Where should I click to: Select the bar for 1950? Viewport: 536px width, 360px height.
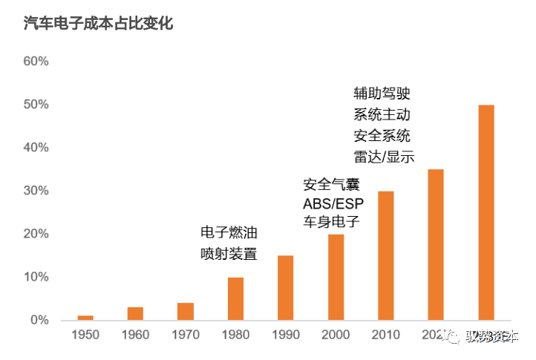click(x=85, y=318)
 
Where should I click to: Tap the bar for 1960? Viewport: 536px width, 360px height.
click(x=135, y=313)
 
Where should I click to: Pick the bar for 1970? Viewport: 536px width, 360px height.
click(x=186, y=311)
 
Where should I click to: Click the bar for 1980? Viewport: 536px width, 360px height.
click(x=235, y=298)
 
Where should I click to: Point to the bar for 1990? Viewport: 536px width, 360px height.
click(x=286, y=288)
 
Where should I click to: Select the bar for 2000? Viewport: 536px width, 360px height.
click(x=336, y=277)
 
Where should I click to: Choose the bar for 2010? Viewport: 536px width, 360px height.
click(x=386, y=255)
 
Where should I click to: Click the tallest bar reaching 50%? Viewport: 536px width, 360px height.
click(x=486, y=212)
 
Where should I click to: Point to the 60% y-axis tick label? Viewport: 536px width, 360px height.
click(x=36, y=62)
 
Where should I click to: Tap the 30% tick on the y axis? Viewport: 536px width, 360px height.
click(x=36, y=191)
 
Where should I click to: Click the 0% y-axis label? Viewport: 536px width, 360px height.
click(x=39, y=321)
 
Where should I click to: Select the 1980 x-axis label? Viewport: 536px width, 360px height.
click(x=235, y=336)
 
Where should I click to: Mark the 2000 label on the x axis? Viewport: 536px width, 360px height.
click(x=336, y=336)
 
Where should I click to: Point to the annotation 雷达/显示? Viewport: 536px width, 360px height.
click(x=383, y=157)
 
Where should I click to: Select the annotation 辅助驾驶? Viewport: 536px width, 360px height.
click(x=382, y=94)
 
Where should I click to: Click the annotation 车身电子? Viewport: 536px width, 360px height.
click(x=330, y=222)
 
